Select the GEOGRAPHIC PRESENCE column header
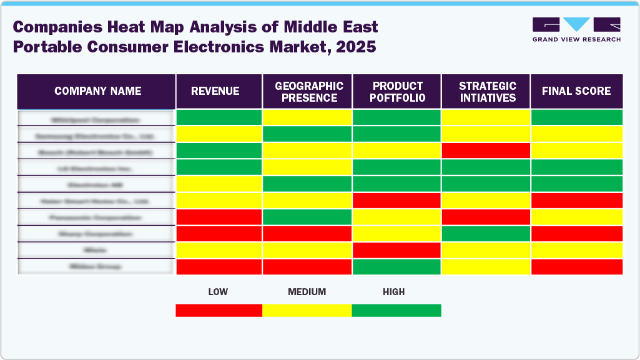click(x=308, y=91)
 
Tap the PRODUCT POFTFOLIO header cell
click(x=397, y=91)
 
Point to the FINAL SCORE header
click(x=576, y=91)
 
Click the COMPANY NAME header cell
click(x=97, y=91)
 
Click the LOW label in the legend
click(x=218, y=291)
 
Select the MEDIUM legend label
click(x=307, y=291)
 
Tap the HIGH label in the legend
click(x=394, y=291)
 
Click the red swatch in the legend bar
click(x=219, y=310)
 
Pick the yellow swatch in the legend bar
click(x=307, y=310)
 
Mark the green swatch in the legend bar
click(x=396, y=310)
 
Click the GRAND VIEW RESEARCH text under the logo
click(x=576, y=39)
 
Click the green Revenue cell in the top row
click(x=219, y=117)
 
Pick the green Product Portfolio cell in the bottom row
click(x=397, y=266)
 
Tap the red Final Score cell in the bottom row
click(x=576, y=266)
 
